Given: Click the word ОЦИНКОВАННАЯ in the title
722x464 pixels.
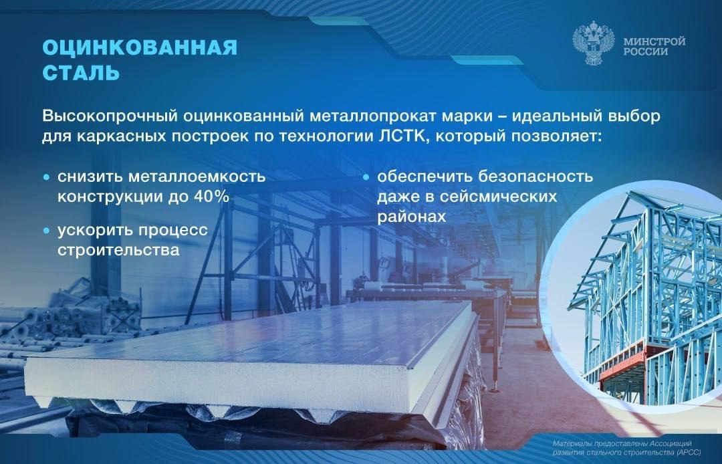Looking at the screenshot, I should [140, 48].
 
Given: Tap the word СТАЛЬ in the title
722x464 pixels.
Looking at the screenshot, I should [81, 73].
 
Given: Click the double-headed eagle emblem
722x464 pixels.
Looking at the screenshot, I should [593, 45].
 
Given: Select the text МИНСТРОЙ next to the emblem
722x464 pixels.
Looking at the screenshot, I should [654, 41].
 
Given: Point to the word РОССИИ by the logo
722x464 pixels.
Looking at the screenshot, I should [645, 52].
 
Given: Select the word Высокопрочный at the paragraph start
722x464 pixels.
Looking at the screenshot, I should [106, 116].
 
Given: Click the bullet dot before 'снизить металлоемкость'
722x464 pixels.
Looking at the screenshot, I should [46, 178].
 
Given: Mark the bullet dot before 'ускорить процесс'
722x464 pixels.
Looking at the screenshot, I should [46, 231].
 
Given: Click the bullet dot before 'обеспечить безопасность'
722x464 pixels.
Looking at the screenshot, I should [366, 178].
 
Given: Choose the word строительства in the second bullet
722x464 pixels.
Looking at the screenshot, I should [118, 251].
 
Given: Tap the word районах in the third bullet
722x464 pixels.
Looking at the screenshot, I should [411, 217].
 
